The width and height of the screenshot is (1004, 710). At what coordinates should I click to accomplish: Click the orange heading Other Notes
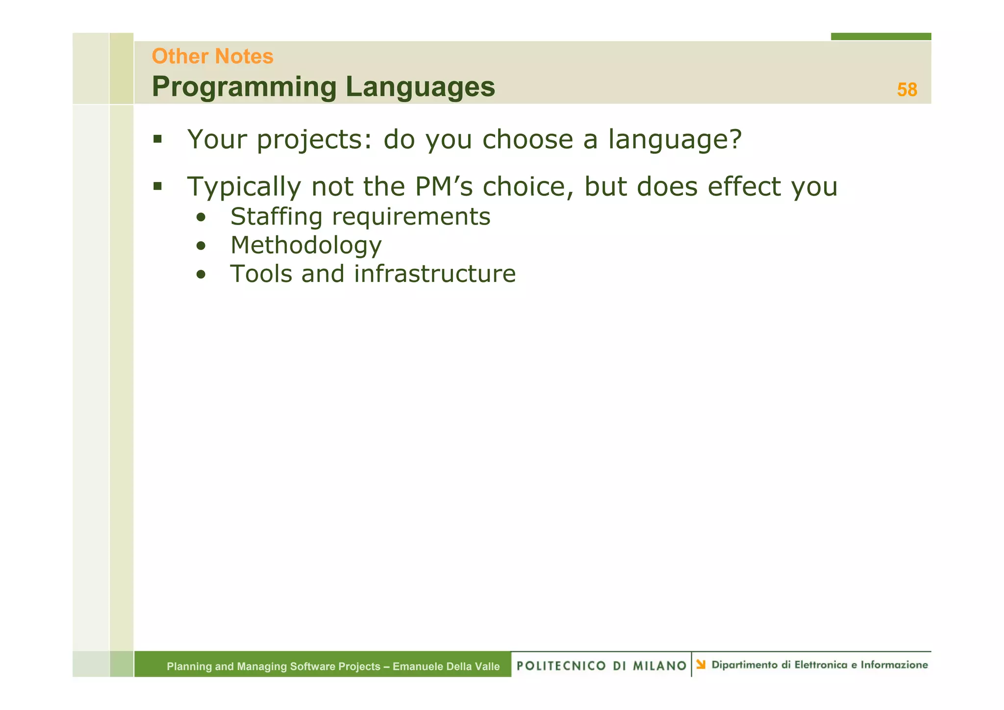click(212, 56)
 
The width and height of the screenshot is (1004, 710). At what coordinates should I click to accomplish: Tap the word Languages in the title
click(420, 87)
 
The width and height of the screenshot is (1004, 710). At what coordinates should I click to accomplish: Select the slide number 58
click(906, 90)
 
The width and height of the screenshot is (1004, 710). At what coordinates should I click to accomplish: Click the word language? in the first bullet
click(675, 140)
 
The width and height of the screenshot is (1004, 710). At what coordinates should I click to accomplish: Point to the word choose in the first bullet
click(527, 139)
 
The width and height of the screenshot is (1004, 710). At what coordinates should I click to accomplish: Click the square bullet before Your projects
click(157, 139)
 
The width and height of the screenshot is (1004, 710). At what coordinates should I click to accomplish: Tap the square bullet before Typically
click(157, 186)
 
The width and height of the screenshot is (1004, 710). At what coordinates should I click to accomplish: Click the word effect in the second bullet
click(745, 186)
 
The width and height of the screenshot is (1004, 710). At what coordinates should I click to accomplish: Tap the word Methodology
click(306, 246)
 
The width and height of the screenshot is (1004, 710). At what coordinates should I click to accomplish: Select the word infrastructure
click(434, 274)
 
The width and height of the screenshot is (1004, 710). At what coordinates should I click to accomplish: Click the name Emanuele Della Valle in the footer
click(446, 666)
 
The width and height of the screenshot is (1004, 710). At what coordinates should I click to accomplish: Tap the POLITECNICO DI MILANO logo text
click(601, 665)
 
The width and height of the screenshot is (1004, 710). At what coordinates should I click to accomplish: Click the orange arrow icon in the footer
click(701, 664)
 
